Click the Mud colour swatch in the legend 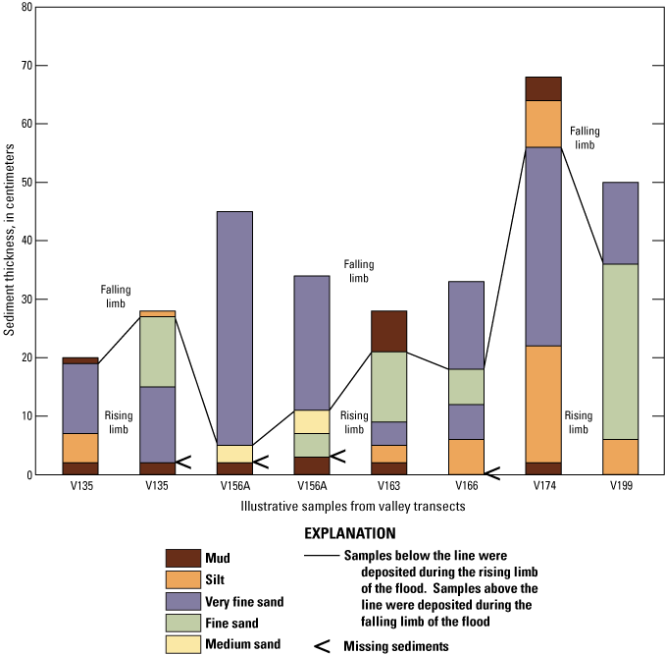183,556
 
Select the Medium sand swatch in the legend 183,644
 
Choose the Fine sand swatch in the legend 183,623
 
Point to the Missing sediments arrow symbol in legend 320,646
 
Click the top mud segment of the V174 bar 543,88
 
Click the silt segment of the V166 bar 467,457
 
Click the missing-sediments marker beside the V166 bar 492,474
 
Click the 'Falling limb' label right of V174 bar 585,137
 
